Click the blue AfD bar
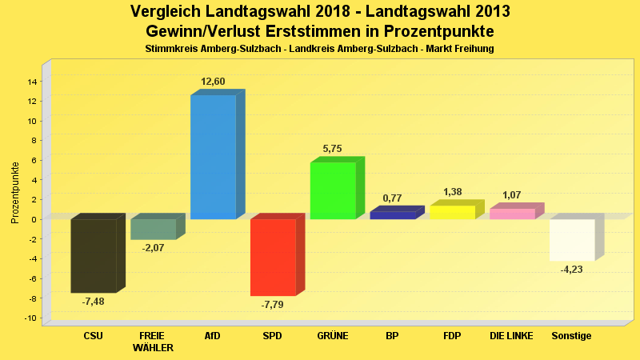213,157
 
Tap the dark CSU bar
94,256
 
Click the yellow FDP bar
453,213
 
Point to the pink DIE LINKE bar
512,214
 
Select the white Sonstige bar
572,240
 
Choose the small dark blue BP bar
393,215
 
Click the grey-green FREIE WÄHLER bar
153,229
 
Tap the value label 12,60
214,82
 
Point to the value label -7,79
273,305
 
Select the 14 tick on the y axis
33,82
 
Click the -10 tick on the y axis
30,318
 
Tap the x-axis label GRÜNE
333,336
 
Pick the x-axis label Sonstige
572,336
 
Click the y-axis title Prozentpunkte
15,194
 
